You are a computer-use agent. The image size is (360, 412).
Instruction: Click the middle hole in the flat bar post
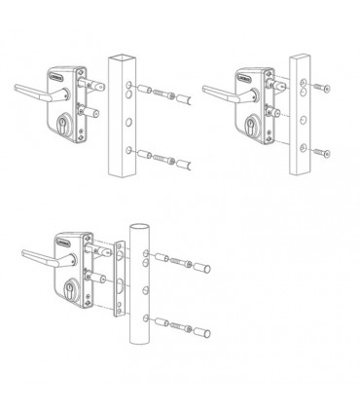(x=304, y=122)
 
